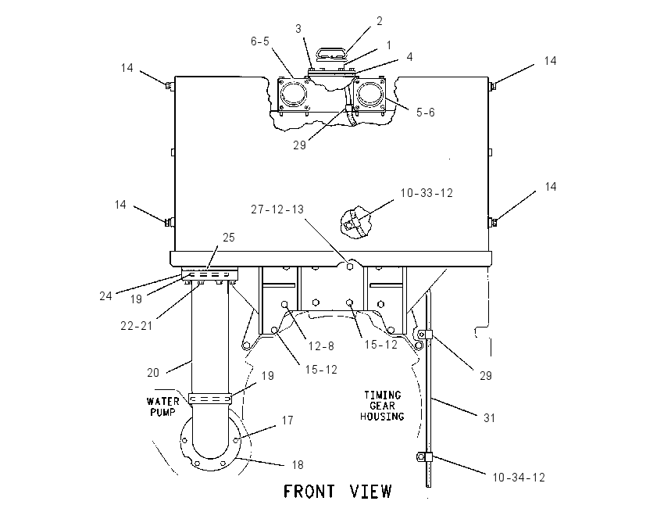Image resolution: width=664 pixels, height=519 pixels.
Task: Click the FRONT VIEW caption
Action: tap(337, 492)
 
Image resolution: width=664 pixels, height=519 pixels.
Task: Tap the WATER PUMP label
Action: tap(163, 406)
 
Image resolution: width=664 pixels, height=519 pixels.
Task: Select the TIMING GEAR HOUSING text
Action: tap(382, 406)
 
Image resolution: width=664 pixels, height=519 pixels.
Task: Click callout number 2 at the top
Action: tap(380, 21)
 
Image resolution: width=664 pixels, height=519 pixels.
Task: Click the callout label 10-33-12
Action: tap(427, 193)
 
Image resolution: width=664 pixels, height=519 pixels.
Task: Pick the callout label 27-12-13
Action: tap(277, 209)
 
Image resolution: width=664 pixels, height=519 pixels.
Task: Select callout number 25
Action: tap(229, 238)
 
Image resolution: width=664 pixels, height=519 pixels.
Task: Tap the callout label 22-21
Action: tap(137, 326)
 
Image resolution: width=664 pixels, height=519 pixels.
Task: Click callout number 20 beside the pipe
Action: tap(153, 373)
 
